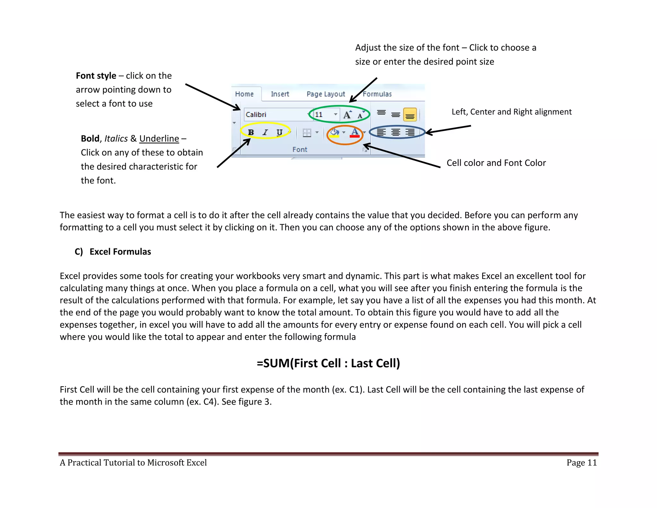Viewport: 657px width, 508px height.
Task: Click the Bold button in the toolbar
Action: [x=251, y=132]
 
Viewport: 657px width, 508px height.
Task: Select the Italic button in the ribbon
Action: [x=265, y=132]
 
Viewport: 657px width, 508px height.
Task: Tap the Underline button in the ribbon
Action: [x=279, y=132]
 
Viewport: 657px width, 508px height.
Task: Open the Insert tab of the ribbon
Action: [x=280, y=94]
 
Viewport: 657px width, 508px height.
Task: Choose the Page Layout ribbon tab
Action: [x=326, y=94]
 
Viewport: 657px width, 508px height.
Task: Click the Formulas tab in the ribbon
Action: [x=377, y=94]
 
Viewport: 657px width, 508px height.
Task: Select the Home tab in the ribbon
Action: [x=244, y=94]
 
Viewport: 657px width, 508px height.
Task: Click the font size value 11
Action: [x=319, y=115]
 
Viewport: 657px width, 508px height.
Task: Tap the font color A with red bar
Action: [x=354, y=132]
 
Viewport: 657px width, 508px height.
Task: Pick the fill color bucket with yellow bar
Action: [x=335, y=132]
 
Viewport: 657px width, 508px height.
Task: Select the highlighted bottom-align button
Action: [x=410, y=115]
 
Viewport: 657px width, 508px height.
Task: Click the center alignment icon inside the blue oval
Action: [x=396, y=132]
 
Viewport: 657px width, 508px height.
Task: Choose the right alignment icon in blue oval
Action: [x=410, y=132]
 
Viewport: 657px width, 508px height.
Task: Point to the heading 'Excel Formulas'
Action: [x=120, y=252]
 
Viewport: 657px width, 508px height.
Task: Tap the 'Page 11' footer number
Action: [x=581, y=463]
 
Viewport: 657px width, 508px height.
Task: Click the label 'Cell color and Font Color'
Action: [x=496, y=163]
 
